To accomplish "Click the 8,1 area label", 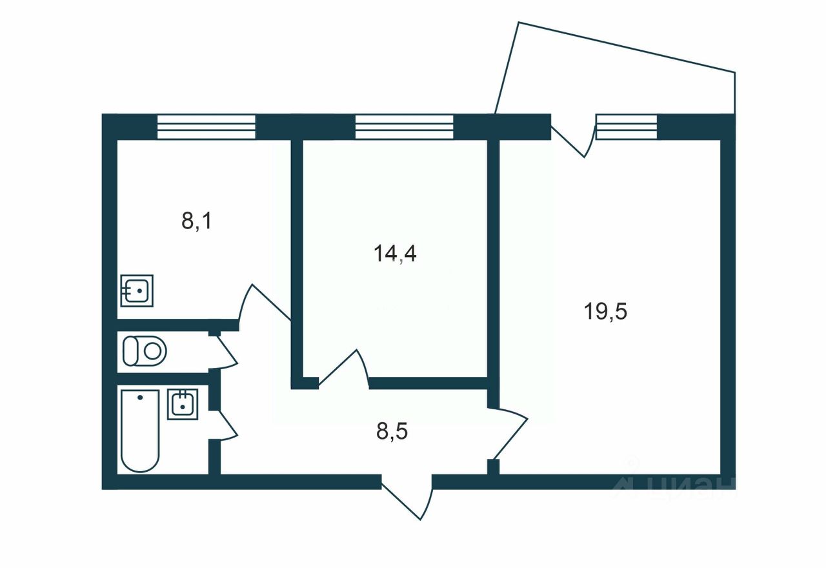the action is click(197, 221).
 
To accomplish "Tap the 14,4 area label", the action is click(395, 254).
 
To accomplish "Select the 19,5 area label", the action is click(606, 312).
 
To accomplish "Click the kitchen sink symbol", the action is click(137, 290).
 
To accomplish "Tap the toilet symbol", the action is click(145, 351).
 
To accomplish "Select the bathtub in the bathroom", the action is click(139, 430).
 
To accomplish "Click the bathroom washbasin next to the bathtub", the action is click(183, 404).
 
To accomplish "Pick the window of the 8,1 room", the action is click(206, 127).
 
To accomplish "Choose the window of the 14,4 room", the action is click(405, 127).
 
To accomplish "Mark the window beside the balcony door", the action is click(626, 127).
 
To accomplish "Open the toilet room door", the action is click(224, 352).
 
